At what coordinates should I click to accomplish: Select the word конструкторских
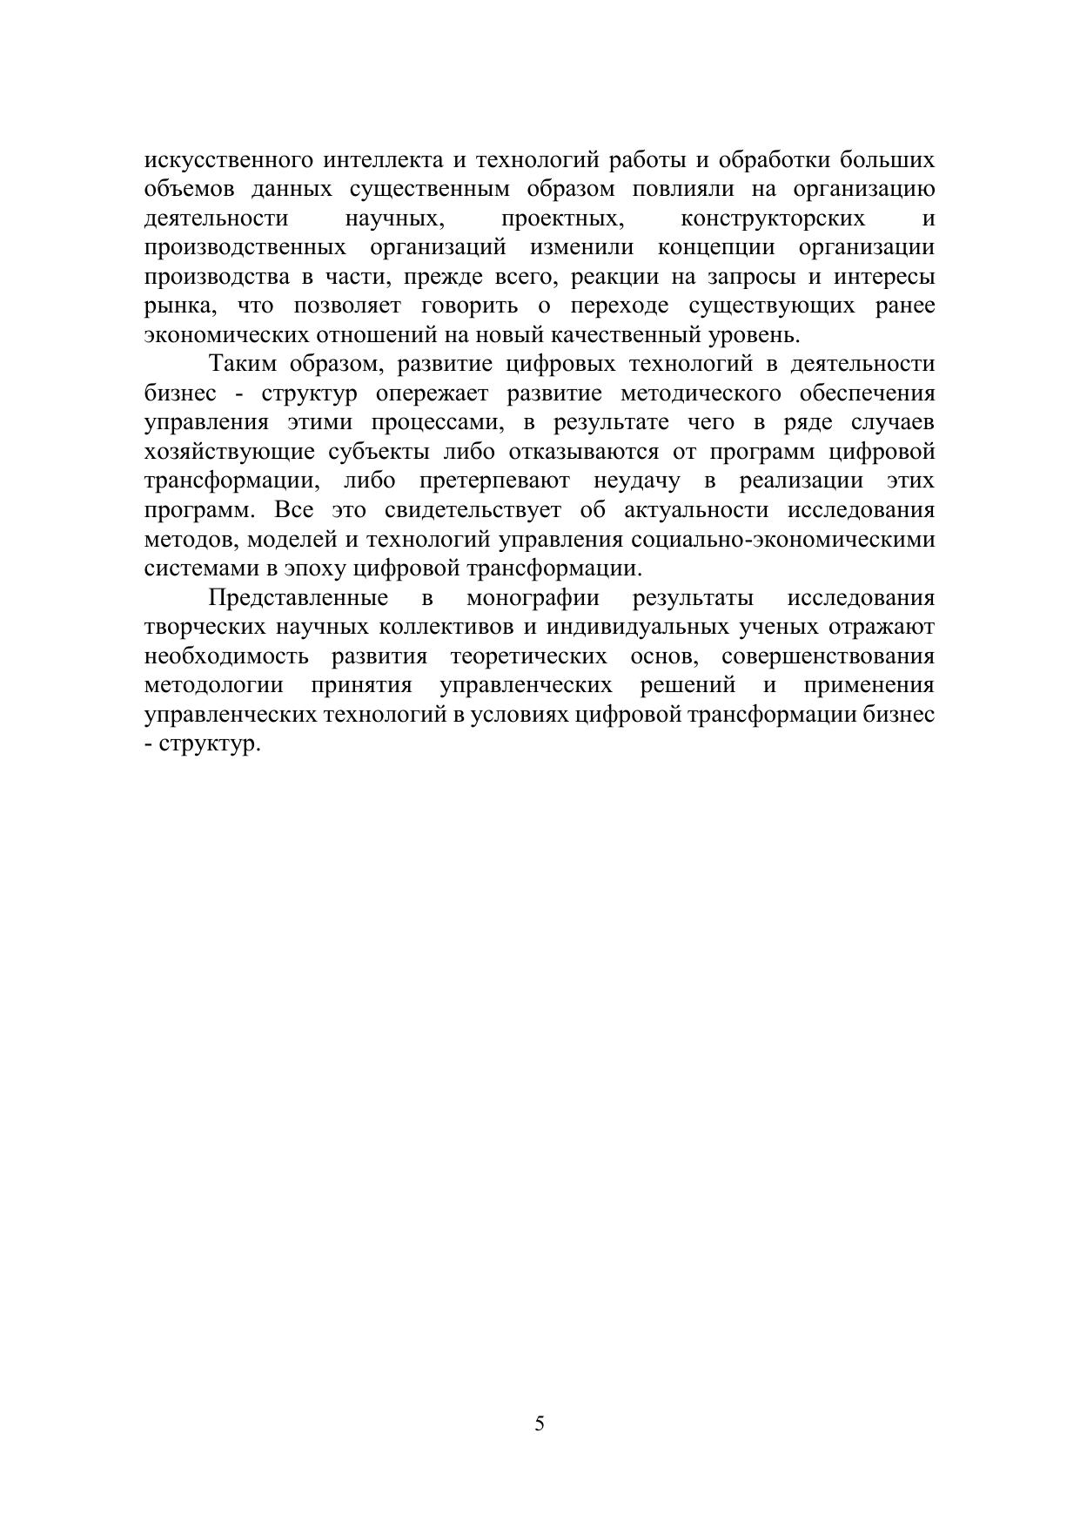click(772, 218)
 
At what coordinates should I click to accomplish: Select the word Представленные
click(298, 598)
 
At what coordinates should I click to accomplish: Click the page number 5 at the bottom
click(540, 1424)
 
